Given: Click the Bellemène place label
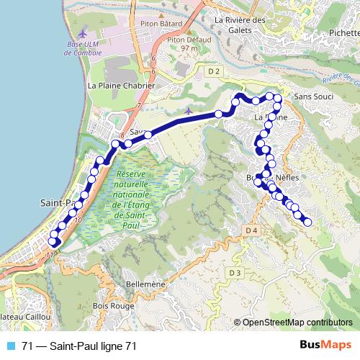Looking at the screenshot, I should click(145, 284).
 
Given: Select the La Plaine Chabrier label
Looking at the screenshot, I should click(121, 85).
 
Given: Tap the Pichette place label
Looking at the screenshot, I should click(343, 33).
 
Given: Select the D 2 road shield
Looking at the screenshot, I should click(212, 71).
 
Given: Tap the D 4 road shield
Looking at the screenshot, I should click(251, 230).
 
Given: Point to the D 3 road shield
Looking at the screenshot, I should click(235, 273).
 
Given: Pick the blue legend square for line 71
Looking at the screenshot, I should click(11, 346).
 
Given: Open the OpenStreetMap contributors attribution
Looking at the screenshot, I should click(297, 323).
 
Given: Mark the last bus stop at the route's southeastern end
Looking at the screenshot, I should click(307, 222).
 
